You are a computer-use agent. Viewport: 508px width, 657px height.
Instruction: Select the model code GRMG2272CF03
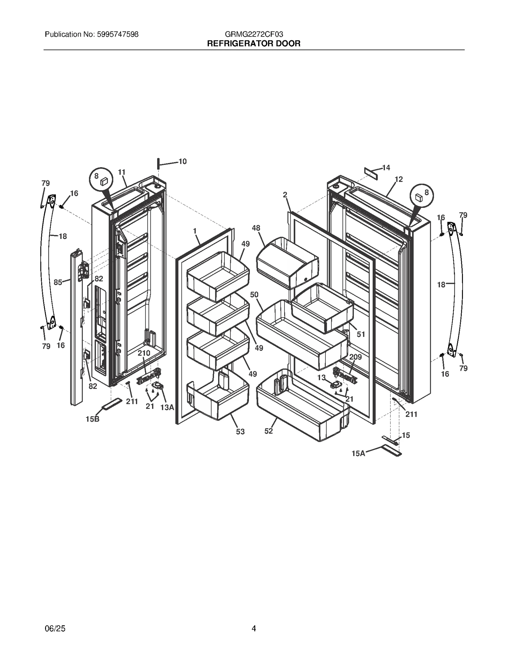click(x=254, y=34)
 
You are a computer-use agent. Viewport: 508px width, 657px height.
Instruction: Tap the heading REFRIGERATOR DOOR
click(x=254, y=44)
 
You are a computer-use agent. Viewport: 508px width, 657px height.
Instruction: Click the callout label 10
click(x=183, y=161)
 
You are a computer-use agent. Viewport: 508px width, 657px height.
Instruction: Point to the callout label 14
click(x=386, y=168)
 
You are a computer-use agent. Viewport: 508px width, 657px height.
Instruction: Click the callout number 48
click(x=256, y=228)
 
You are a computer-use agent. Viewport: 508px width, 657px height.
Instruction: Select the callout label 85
click(x=58, y=282)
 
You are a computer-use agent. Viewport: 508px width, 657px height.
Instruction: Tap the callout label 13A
click(x=167, y=408)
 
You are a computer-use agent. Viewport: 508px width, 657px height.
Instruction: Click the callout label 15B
click(x=92, y=419)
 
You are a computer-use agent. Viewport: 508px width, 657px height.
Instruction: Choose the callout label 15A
click(x=358, y=454)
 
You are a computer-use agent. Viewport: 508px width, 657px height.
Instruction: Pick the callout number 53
click(x=240, y=431)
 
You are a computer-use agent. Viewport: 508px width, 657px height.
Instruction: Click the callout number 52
click(x=269, y=431)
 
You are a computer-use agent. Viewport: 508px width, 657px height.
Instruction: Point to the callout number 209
click(x=355, y=357)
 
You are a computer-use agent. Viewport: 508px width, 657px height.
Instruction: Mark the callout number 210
click(x=144, y=353)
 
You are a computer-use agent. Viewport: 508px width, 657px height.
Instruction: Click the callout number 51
click(x=361, y=334)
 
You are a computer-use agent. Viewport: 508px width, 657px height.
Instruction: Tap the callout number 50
click(x=254, y=294)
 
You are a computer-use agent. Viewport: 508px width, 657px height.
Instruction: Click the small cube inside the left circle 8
click(x=104, y=181)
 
